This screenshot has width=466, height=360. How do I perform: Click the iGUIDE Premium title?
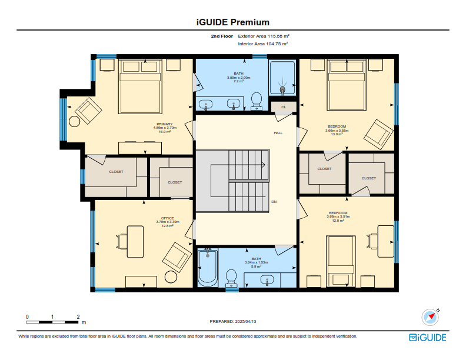pos(232,22)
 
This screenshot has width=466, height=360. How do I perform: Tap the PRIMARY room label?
pos(165,124)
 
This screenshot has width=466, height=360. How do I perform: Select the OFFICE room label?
pos(168,218)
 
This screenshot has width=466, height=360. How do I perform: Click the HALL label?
pos(278,133)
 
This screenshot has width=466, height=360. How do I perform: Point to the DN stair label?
pos(274,202)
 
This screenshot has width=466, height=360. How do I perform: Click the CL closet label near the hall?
pos(284,107)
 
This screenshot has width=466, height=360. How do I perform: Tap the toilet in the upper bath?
pos(257,101)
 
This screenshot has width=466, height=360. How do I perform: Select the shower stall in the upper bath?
pos(282,78)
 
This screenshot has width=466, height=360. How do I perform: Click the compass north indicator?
pos(430,317)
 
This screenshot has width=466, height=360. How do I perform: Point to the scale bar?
pos(52,322)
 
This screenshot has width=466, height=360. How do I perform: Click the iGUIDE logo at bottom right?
pos(427,338)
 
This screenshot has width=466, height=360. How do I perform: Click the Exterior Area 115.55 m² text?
pos(264,36)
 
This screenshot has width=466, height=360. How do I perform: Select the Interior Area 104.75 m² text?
pos(263,44)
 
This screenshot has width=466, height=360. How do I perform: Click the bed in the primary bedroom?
pos(140,86)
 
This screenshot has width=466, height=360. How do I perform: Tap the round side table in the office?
pos(171,277)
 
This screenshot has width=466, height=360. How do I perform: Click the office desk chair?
pos(122,241)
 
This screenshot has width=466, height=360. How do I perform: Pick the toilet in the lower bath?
pos(231,279)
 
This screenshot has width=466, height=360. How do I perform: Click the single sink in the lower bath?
pos(267,280)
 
